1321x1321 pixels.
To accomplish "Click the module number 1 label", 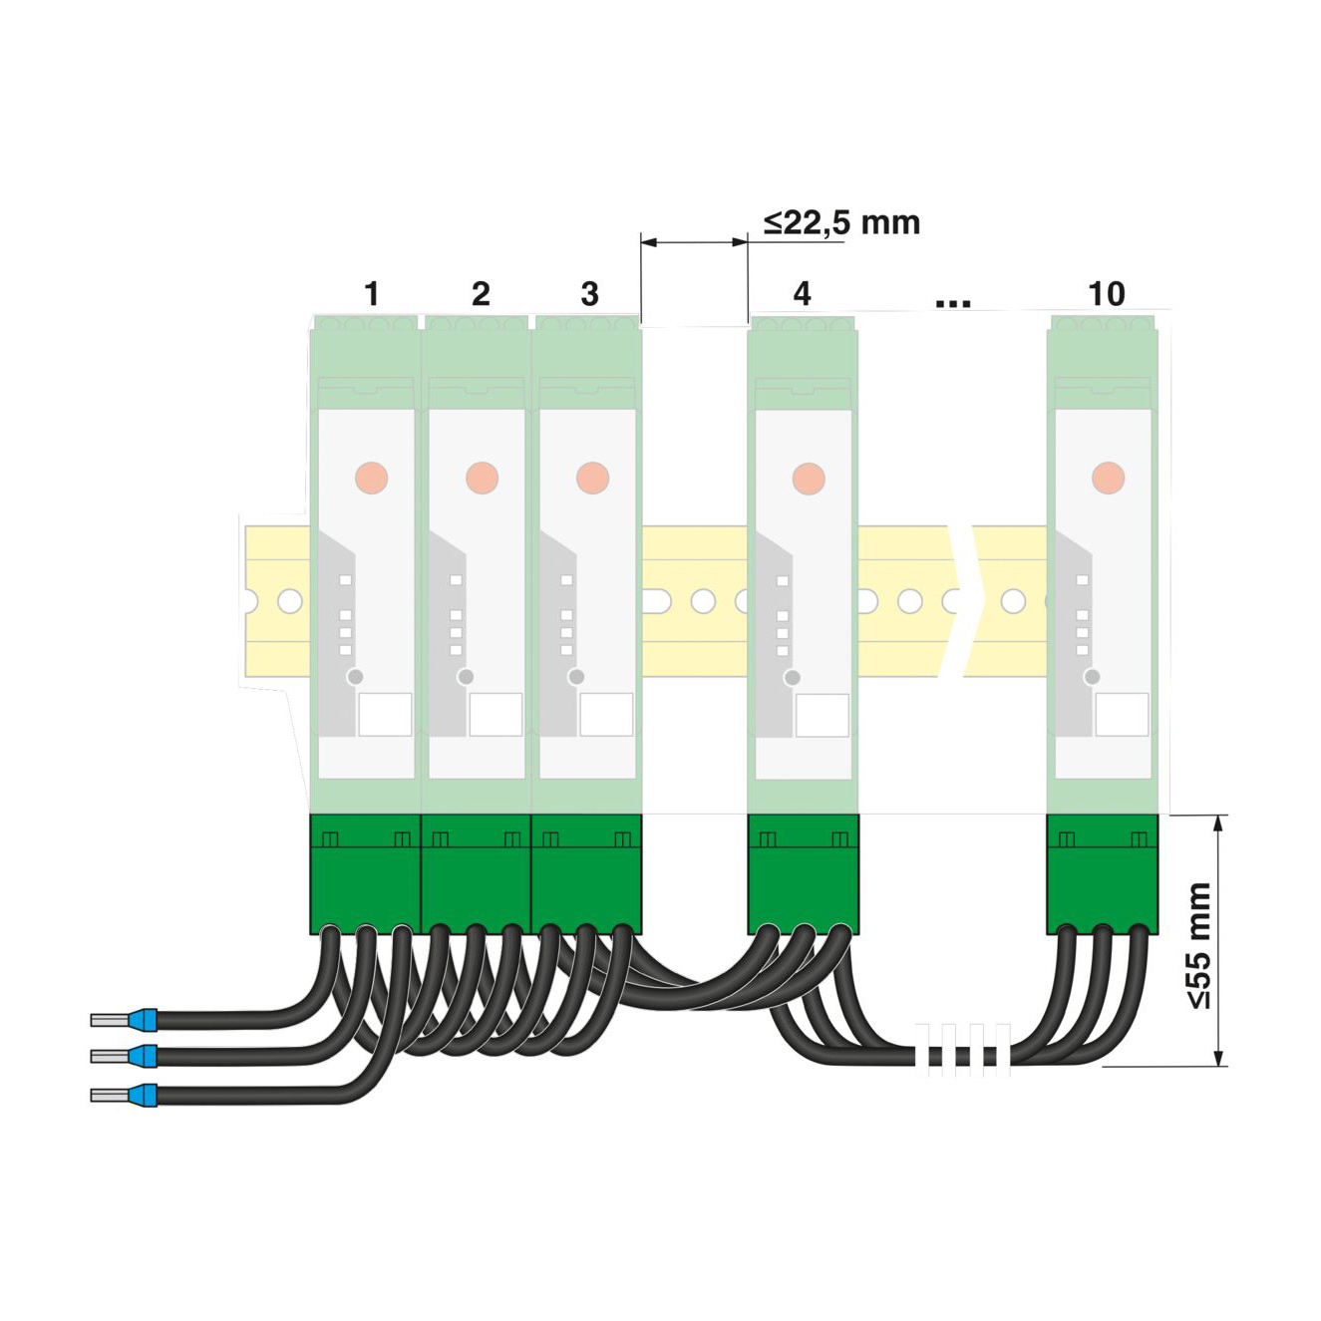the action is click(372, 293).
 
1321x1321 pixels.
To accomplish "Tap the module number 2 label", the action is click(482, 293).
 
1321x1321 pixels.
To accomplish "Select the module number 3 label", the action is click(589, 293).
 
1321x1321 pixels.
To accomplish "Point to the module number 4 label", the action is click(802, 293).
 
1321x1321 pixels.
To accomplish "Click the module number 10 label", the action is click(1107, 293).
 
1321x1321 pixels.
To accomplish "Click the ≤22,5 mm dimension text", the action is click(841, 222).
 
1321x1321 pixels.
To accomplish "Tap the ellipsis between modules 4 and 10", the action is click(953, 302).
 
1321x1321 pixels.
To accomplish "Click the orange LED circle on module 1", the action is click(372, 478).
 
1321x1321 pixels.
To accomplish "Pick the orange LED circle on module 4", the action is click(809, 478).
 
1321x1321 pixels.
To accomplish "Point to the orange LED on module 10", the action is click(1108, 478).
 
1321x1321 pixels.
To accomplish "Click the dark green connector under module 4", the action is click(802, 874).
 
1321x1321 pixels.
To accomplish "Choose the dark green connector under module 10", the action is click(1103, 874).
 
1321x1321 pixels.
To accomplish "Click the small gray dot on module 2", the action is click(466, 677).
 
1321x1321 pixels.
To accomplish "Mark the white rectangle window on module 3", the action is click(606, 714).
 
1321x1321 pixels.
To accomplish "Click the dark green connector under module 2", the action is click(476, 874).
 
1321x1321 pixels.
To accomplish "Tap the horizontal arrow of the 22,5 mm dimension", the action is click(694, 242).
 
